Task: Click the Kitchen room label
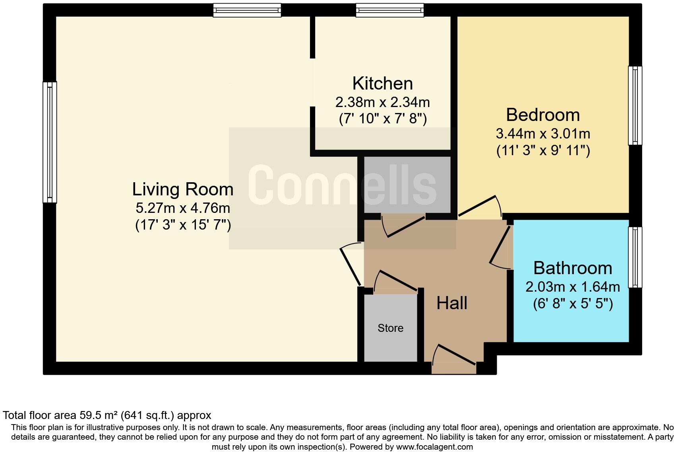[x=382, y=84]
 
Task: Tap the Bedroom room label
[x=542, y=115]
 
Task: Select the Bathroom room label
[x=572, y=268]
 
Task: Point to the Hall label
[x=451, y=303]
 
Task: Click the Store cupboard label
[x=390, y=328]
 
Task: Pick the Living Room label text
[x=182, y=189]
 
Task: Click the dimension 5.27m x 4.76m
[x=182, y=208]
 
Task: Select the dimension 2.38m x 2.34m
[x=382, y=102]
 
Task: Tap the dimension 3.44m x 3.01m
[x=542, y=133]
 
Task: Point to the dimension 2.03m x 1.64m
[x=572, y=286]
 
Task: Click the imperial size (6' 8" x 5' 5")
[x=572, y=304]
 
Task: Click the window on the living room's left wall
[x=50, y=142]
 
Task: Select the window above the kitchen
[x=389, y=10]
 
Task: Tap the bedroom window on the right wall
[x=635, y=105]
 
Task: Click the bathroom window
[x=635, y=257]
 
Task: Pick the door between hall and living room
[x=351, y=264]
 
